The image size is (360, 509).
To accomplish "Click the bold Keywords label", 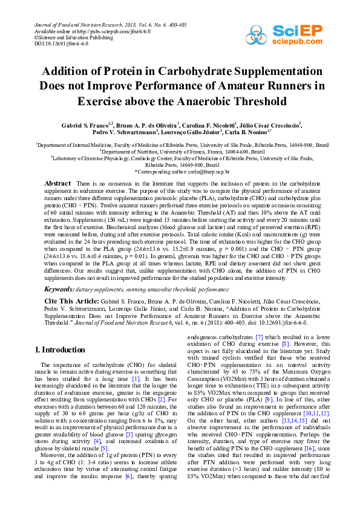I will [59, 290].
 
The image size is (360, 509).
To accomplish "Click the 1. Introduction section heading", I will [64, 349].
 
